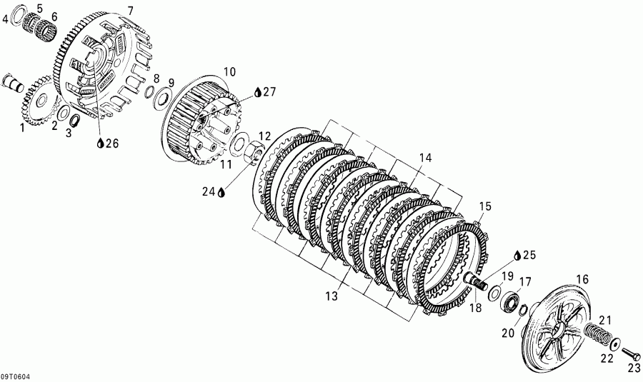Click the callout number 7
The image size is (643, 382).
click(130, 11)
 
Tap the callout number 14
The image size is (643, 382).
click(425, 157)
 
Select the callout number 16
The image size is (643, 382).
click(582, 279)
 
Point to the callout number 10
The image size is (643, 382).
click(229, 71)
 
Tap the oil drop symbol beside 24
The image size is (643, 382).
click(222, 191)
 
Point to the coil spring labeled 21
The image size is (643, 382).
click(597, 331)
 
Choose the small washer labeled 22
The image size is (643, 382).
click(615, 343)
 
